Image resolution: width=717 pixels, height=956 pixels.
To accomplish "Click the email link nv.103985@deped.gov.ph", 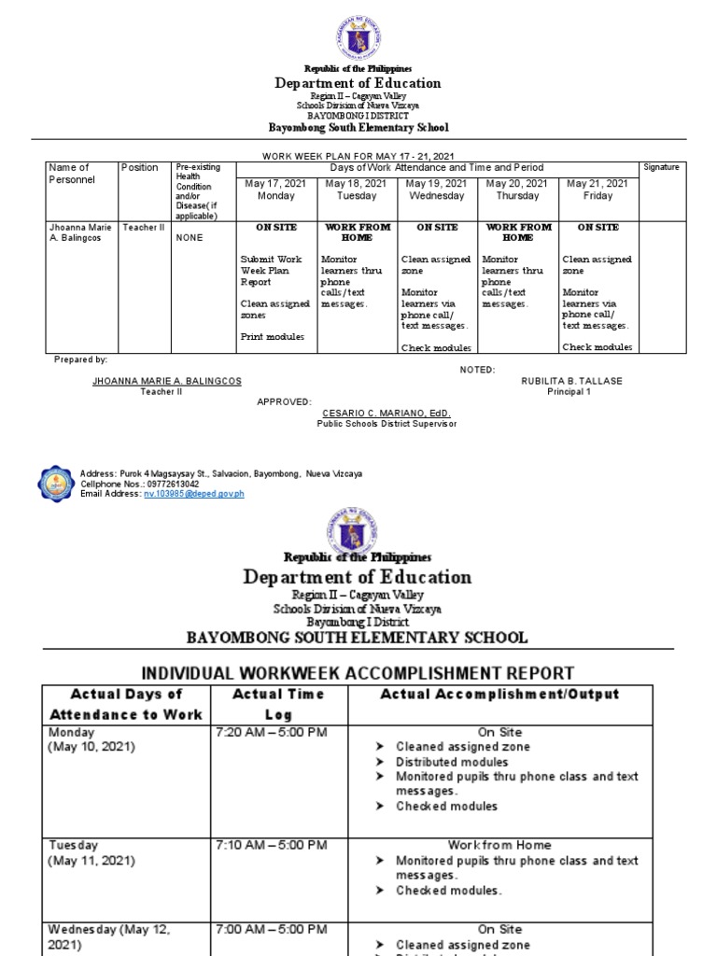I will (x=193, y=494).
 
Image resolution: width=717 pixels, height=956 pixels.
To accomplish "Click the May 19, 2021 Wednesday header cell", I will (x=438, y=190).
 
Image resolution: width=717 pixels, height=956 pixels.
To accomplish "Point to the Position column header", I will (x=139, y=168).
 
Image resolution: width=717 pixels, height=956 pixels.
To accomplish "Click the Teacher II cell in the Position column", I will (x=143, y=227).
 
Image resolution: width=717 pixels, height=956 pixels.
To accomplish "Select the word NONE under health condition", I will (x=190, y=238).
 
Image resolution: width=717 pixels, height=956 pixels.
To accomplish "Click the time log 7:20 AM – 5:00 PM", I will (x=271, y=732).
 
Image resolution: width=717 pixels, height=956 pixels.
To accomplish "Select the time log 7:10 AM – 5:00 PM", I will (x=271, y=845).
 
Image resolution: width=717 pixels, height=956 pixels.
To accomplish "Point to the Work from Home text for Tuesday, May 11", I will (x=499, y=845).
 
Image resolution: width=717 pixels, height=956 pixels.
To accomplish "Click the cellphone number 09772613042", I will (x=165, y=485).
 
